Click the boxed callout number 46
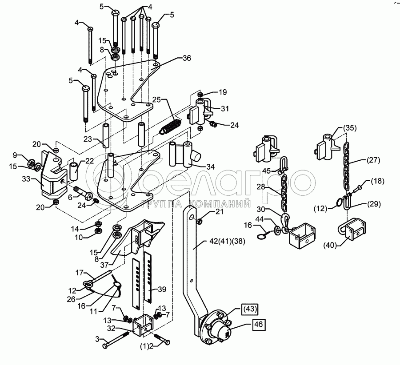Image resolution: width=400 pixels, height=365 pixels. (258, 325)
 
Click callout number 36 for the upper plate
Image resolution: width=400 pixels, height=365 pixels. (187, 58)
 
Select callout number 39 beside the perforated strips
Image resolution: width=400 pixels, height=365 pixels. (162, 290)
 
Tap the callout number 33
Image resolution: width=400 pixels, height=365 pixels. (26, 179)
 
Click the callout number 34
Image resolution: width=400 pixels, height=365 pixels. (211, 167)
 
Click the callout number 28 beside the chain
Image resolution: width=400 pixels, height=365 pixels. (261, 187)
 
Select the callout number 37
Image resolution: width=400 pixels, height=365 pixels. (104, 265)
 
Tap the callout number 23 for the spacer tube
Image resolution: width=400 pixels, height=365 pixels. (88, 139)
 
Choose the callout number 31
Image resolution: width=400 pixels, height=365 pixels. (225, 109)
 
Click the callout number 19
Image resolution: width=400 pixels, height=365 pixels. (223, 92)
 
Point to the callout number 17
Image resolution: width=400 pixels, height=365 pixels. (80, 273)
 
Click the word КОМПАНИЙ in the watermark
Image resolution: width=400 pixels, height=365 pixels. (220, 204)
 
